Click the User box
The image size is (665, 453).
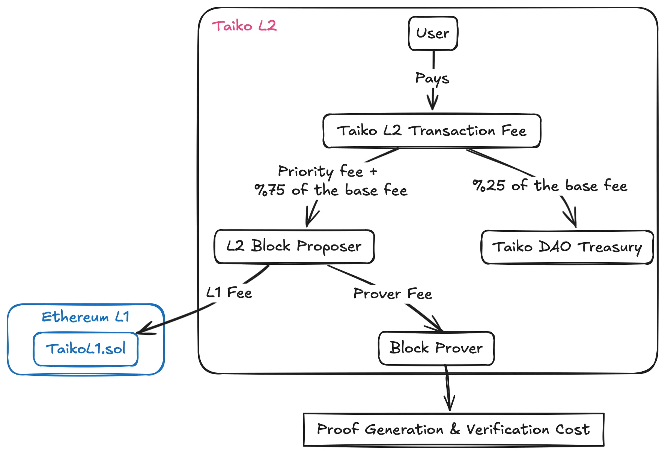tap(433, 33)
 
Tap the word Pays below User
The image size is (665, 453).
tap(432, 78)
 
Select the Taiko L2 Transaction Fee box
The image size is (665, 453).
tap(432, 131)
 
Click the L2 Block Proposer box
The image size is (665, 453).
tap(294, 246)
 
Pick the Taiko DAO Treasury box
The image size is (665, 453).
tap(567, 247)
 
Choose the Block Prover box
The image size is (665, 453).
tap(436, 348)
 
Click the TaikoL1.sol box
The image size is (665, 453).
tap(86, 349)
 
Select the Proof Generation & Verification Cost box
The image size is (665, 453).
tap(453, 429)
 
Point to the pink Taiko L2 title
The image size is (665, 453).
tap(244, 26)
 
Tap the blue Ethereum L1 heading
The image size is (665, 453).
tap(86, 317)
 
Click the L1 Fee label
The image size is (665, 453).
tap(229, 292)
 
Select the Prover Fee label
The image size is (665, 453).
tap(393, 294)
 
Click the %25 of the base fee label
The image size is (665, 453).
tap(550, 186)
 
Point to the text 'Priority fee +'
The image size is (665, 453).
tap(327, 171)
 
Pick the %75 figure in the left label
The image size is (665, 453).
tap(270, 190)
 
